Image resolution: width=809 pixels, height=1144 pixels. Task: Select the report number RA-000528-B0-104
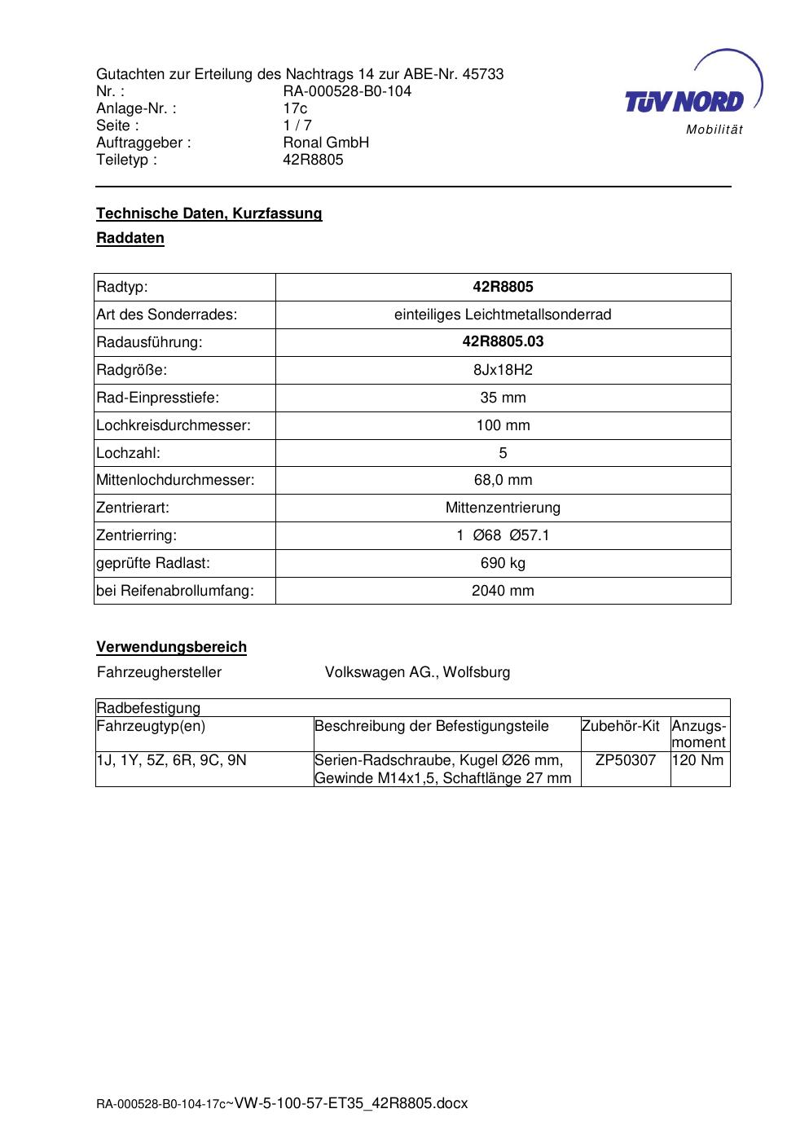tap(347, 91)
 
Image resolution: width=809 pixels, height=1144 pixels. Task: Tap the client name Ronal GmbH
tap(326, 143)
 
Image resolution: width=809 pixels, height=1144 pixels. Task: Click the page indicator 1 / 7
tap(297, 125)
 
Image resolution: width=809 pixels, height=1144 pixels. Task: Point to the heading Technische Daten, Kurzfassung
tap(209, 213)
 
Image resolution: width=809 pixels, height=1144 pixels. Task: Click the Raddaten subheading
tap(130, 239)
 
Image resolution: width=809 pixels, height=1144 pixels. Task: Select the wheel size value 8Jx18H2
tap(503, 370)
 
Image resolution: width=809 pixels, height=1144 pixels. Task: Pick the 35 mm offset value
tap(503, 398)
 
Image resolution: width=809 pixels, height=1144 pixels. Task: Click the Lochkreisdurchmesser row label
tap(174, 425)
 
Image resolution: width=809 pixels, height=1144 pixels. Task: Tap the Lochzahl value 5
tap(503, 453)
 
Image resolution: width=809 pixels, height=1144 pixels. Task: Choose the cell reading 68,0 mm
tap(503, 480)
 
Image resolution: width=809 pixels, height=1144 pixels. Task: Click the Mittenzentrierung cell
tap(503, 508)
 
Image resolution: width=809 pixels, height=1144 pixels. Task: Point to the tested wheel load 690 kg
tap(503, 563)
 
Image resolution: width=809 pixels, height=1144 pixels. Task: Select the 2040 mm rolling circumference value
tap(503, 591)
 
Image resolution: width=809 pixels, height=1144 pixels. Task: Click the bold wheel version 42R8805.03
tap(503, 342)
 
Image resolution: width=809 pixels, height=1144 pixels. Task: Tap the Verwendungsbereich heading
tap(171, 647)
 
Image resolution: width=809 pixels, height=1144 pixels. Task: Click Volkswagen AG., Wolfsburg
tap(417, 672)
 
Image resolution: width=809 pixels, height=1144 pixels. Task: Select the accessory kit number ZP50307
tap(625, 760)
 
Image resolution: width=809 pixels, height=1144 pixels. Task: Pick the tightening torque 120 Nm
tap(698, 760)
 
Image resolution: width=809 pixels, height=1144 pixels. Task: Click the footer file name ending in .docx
tap(282, 1103)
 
